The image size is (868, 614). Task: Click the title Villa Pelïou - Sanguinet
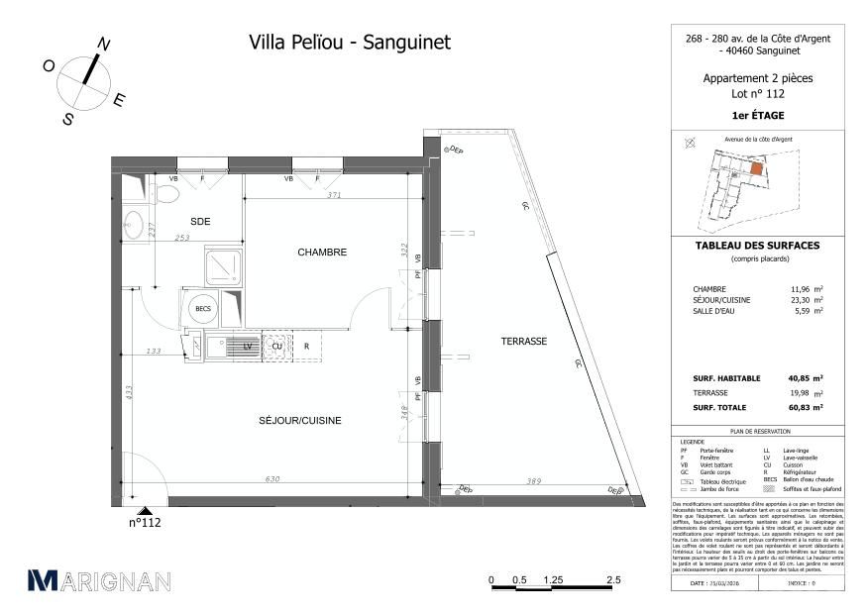coord(348,42)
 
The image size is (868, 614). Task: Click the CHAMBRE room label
coord(322,253)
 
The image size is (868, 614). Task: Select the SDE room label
coord(201,221)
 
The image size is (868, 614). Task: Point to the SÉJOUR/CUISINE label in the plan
coord(301,421)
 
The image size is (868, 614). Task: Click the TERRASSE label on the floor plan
coord(524,341)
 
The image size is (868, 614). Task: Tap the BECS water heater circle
coord(203,309)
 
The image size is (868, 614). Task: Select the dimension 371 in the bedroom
coord(335,196)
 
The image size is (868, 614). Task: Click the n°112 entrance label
coord(145,523)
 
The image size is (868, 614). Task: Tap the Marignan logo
coord(99,581)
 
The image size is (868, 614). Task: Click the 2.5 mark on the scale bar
coord(613,580)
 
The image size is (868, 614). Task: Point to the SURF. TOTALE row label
coord(719,407)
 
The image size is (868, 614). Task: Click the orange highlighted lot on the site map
coord(756,169)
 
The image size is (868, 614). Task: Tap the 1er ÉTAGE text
coord(757,115)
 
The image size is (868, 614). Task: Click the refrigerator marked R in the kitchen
coord(307,347)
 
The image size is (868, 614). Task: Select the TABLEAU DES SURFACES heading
coord(757,246)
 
